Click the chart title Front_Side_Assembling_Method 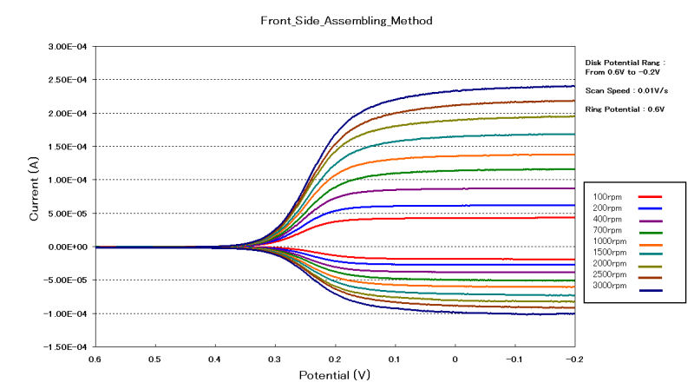pos(347,18)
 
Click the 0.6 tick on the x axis pos(94,358)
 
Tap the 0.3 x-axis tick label pos(274,358)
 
